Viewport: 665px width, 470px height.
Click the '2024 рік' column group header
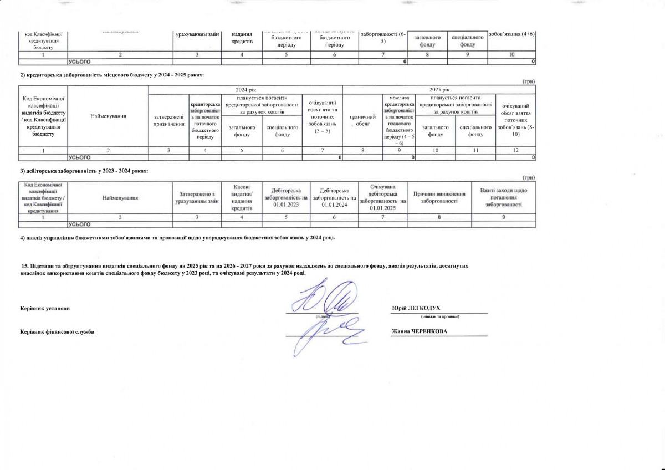[245, 90]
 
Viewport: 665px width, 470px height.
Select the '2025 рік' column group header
[439, 90]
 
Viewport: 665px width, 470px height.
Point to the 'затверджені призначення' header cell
[169, 119]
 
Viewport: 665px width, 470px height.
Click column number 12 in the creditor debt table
[516, 150]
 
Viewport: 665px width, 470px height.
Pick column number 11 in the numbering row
[475, 150]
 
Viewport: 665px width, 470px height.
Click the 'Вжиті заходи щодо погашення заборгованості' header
[504, 197]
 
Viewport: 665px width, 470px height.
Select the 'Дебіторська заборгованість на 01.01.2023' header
[286, 197]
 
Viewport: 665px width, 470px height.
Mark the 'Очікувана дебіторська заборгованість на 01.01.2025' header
[383, 197]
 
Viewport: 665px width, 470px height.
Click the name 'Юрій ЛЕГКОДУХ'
[416, 308]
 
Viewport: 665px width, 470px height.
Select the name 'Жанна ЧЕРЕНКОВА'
[420, 331]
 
